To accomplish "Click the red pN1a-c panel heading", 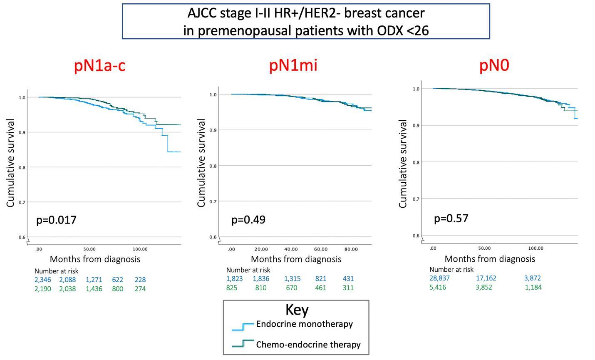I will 100,65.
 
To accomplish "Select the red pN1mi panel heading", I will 293,65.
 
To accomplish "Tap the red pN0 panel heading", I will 494,65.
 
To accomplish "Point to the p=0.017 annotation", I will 56,220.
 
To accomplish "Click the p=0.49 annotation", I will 248,219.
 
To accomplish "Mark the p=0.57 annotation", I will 451,218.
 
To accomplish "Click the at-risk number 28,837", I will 439,278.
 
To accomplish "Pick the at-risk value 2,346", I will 43,280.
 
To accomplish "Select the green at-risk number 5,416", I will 438,287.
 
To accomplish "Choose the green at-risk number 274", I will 140,289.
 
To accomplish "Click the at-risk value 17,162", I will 486,278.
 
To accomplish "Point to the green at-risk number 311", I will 348,288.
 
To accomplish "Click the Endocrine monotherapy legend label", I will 305,324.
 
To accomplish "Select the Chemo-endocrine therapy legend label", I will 308,345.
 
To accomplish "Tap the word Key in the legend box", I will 297,310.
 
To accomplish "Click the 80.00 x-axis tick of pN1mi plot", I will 351,249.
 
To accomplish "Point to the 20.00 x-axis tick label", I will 261,249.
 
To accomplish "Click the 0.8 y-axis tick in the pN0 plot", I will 416,162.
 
